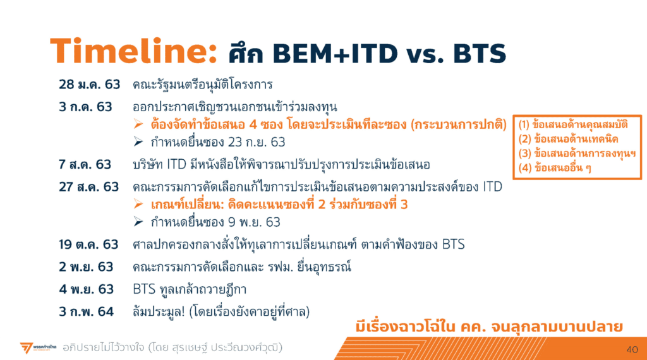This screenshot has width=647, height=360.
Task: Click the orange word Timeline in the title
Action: coord(133,51)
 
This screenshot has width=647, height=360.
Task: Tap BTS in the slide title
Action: coord(480,54)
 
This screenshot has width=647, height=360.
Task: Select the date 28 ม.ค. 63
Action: coord(89,85)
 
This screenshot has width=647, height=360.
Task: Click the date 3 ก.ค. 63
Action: coord(85,107)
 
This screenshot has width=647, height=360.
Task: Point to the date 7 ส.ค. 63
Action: coord(85,165)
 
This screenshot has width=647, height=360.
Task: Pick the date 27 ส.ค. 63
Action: coord(88,187)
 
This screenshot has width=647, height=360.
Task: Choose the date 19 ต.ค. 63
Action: coord(88,244)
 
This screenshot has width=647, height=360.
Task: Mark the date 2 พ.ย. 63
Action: coord(86,267)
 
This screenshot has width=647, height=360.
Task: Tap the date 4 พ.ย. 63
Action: coord(86,289)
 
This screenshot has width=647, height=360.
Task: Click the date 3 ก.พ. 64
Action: coord(86,311)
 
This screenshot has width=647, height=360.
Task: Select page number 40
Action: coord(632,350)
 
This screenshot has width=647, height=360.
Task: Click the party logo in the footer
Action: coord(38,347)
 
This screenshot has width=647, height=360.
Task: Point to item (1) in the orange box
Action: coord(573,124)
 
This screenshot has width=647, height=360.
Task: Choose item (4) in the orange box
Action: coord(555,168)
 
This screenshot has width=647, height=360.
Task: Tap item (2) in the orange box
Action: coord(569,139)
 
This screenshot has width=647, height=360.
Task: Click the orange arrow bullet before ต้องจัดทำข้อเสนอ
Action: coord(138,124)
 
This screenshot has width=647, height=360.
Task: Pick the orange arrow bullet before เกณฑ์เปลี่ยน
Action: coord(138,204)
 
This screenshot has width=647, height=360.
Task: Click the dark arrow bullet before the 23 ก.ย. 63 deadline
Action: coord(138,142)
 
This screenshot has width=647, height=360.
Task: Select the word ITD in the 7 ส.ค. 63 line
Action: coord(177,165)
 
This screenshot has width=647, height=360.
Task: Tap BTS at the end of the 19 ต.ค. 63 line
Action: coord(454,244)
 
